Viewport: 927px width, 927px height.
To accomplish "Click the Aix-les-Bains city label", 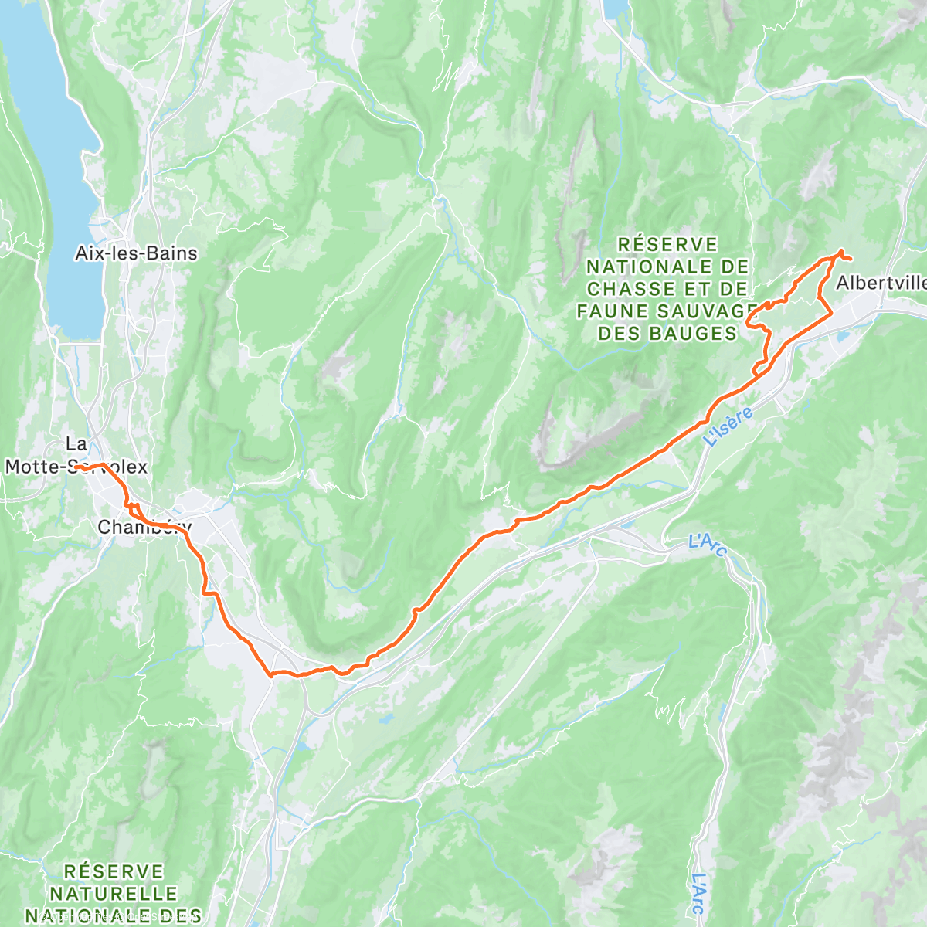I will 136,253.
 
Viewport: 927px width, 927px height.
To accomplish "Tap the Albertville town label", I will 881,283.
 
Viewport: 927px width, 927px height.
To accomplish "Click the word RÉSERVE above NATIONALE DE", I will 668,245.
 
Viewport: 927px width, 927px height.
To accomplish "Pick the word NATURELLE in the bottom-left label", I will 114,894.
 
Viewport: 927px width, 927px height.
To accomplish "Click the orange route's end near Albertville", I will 851,258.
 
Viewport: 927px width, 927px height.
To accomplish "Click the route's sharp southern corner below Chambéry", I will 271,675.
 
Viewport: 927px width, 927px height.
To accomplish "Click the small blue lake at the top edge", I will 615,8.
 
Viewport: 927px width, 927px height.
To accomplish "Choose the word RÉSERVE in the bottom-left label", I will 114,872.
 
